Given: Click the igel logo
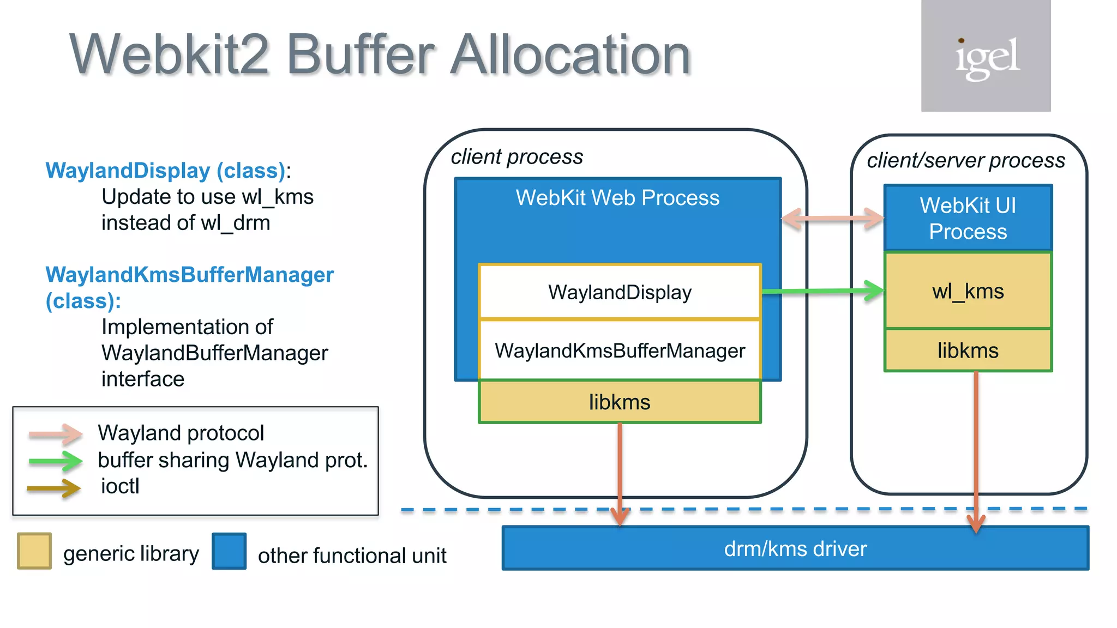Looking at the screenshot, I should tap(986, 56).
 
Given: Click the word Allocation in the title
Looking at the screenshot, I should tap(570, 55).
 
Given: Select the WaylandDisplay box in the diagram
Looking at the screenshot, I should tap(620, 292).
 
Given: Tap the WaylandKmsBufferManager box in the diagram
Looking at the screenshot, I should tap(620, 351).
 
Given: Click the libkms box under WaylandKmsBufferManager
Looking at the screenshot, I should tap(620, 402).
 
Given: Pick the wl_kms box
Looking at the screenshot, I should tap(968, 291).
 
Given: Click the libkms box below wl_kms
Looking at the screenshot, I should tap(968, 351).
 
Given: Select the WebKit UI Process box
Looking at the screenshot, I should tap(968, 218).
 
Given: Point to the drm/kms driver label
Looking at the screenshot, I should tap(795, 548).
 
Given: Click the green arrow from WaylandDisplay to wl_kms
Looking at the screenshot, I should tap(822, 291).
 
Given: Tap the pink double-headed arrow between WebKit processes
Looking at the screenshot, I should tap(832, 219).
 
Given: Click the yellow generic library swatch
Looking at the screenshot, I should tap(34, 551).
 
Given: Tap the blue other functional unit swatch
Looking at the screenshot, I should tap(229, 551).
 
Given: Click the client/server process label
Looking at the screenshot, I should tap(966, 161).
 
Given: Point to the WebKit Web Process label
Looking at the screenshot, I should tap(617, 198).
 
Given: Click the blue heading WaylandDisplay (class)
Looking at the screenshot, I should tap(165, 171).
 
